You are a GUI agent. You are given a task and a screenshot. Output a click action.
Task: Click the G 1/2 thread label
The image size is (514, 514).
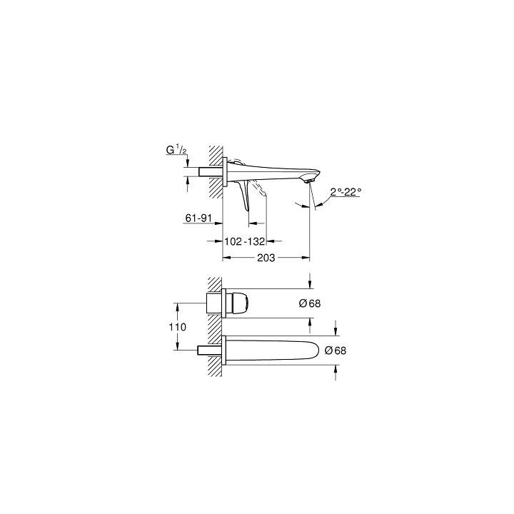176,151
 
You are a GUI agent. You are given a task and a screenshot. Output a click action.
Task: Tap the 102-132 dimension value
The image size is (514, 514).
245,241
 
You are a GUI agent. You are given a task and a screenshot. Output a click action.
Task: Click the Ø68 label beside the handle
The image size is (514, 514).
310,303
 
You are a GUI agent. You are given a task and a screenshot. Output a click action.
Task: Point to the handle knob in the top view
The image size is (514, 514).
238,303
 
